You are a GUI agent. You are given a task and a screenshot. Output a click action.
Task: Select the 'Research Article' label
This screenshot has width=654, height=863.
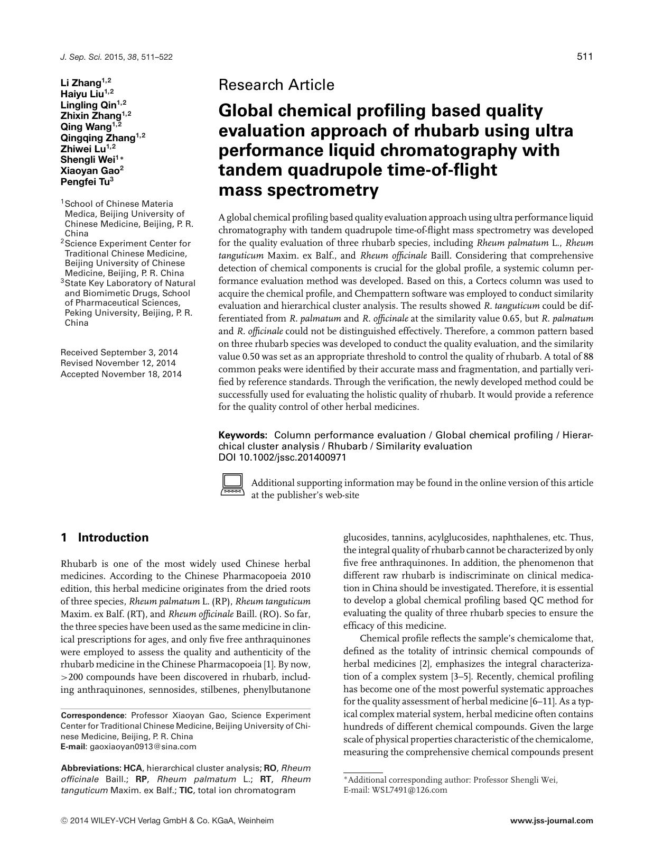point(276,85)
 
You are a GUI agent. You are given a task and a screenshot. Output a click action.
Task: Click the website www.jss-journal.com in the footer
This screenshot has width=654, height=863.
point(552,821)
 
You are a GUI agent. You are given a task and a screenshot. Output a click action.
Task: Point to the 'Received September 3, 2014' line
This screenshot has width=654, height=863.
point(119,352)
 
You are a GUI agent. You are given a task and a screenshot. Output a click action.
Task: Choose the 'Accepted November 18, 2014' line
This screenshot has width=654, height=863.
point(121,374)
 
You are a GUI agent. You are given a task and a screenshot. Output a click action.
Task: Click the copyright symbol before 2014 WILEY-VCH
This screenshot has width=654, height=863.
point(64,821)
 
